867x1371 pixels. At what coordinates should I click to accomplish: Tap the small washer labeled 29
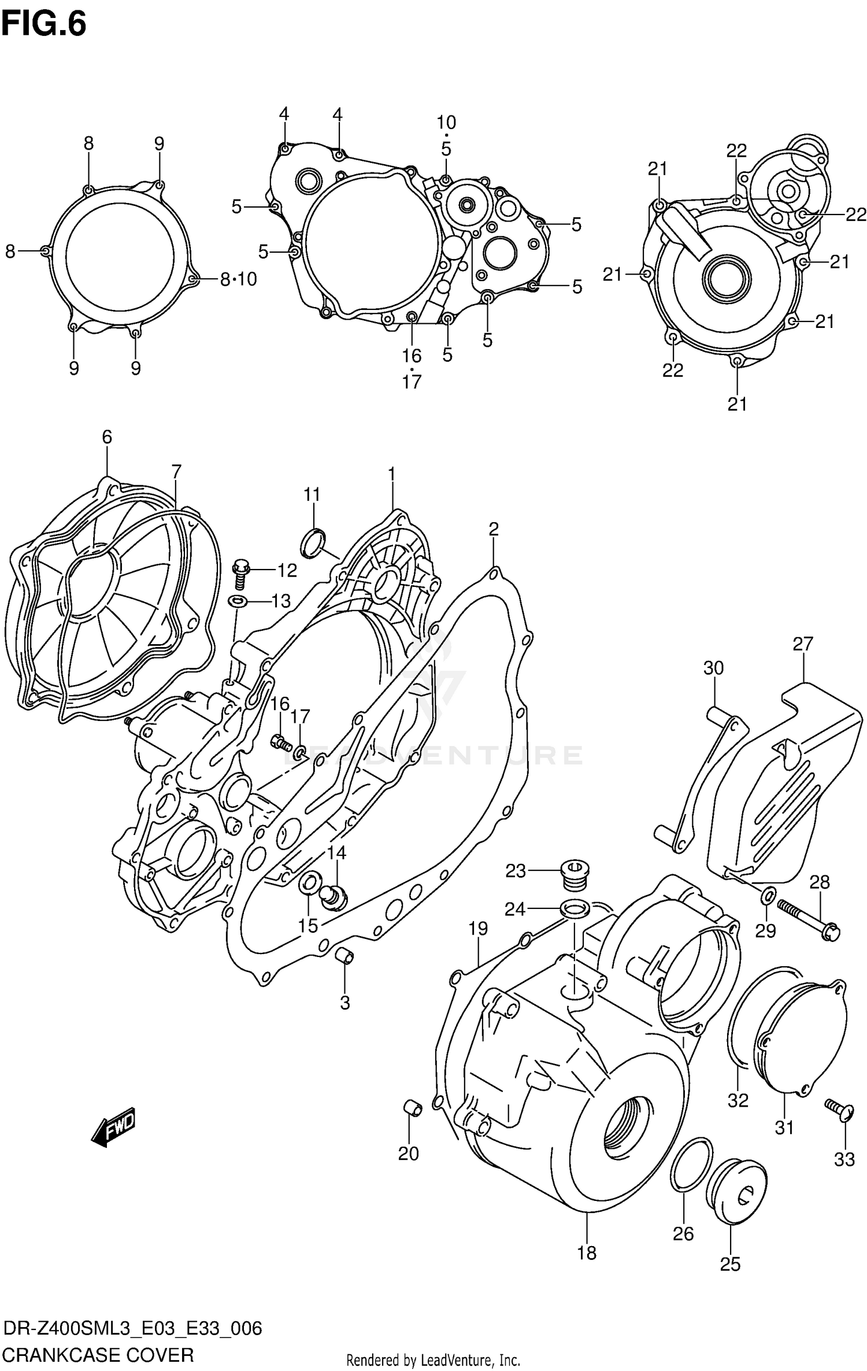[768, 896]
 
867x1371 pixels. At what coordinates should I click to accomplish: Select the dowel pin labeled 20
[412, 1109]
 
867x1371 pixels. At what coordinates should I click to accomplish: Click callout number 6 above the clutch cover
[107, 437]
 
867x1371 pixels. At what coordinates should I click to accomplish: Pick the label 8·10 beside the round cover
[238, 279]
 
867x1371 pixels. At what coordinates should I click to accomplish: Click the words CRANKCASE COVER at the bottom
[98, 1354]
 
